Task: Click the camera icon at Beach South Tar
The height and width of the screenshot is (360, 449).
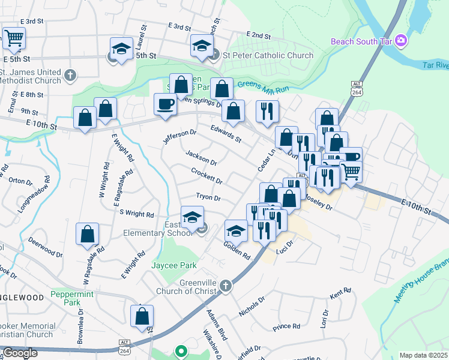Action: pyautogui.click(x=401, y=41)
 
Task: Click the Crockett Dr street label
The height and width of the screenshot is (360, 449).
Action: pyautogui.click(x=206, y=176)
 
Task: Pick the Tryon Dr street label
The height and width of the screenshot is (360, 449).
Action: pyautogui.click(x=208, y=197)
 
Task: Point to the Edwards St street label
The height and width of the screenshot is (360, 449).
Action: pyautogui.click(x=225, y=133)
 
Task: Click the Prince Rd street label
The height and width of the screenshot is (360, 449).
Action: pyautogui.click(x=286, y=327)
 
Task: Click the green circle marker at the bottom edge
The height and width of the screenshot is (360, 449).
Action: pyautogui.click(x=180, y=351)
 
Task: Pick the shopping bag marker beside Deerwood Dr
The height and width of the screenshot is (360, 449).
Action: pyautogui.click(x=88, y=235)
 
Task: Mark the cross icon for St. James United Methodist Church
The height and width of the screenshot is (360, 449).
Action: pyautogui.click(x=70, y=75)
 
